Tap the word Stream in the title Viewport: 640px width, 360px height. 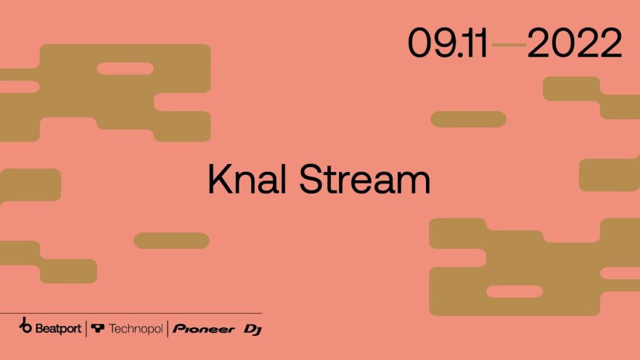pos(365,179)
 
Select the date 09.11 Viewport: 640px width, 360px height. pos(448,43)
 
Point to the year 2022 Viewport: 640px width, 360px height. pos(574,43)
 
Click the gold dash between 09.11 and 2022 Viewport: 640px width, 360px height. pos(509,44)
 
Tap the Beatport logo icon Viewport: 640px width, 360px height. pos(25,325)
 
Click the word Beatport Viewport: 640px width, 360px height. pos(58,328)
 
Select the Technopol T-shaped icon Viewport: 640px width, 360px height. pos(97,328)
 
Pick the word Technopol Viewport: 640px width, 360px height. pos(136,329)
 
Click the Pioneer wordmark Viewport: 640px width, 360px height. pos(203,329)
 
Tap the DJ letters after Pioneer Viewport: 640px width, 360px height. pos(253,330)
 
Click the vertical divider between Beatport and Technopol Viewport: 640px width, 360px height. pos(86,329)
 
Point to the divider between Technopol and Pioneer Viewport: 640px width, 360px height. pos(168,329)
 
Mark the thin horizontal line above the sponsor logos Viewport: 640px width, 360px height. pos(131,314)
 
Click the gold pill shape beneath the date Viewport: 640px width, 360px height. pos(468,119)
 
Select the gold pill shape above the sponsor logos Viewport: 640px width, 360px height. pos(171,241)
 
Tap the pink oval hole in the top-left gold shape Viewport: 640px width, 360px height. pos(125,68)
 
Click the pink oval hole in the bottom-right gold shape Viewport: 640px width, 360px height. pos(515,292)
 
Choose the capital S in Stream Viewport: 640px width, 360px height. pos(313,179)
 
